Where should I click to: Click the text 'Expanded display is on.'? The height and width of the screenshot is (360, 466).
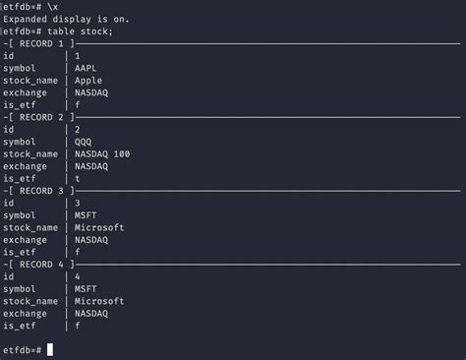click(x=66, y=19)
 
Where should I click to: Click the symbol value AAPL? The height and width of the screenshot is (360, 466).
click(x=86, y=68)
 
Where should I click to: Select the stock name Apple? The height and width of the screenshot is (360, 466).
click(x=87, y=80)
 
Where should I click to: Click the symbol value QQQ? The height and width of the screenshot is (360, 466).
click(x=83, y=141)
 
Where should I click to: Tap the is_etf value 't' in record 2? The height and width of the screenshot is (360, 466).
click(x=77, y=177)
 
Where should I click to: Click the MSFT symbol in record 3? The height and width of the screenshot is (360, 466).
click(x=86, y=213)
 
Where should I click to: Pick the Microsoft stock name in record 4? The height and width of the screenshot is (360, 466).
click(x=98, y=299)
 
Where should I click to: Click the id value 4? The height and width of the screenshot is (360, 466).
click(x=77, y=274)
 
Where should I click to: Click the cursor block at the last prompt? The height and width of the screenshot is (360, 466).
click(x=49, y=323)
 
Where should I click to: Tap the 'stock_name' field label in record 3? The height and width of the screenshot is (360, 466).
click(x=30, y=226)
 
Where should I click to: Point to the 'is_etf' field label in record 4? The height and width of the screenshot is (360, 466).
click(x=20, y=324)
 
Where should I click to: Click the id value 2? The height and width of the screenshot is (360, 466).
click(x=77, y=129)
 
